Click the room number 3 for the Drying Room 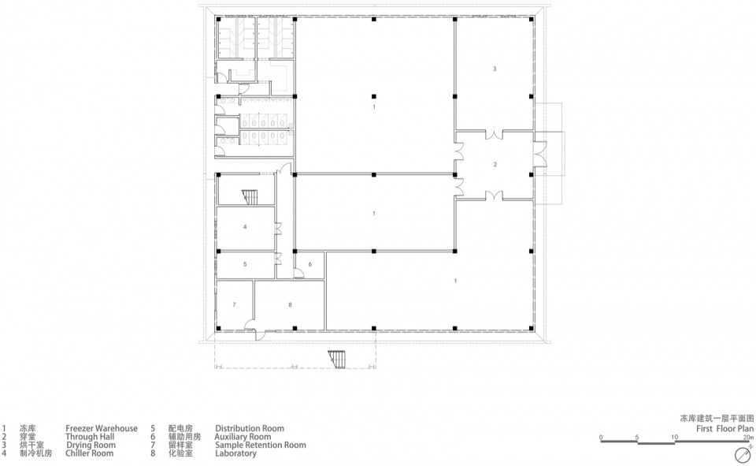495,69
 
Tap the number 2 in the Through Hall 495,165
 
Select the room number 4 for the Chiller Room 245,226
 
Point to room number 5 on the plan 245,264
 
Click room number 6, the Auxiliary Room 310,264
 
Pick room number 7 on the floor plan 235,304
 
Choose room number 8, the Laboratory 291,304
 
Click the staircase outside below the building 337,359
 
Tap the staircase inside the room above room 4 250,197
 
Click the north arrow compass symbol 743,455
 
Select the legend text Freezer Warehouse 102,428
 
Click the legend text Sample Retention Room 261,445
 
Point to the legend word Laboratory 235,453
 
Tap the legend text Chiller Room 90,453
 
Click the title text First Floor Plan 724,428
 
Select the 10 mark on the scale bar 674,437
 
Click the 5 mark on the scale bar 637,437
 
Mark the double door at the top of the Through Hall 495,134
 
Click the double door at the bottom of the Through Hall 495,195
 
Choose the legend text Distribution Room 250,428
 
